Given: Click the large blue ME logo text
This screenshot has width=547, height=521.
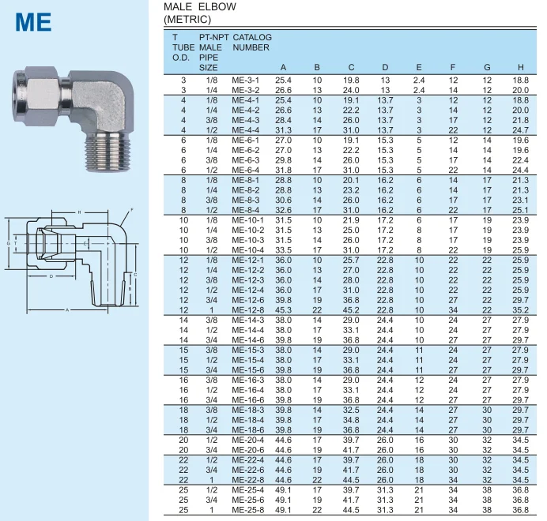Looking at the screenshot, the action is click(33, 22).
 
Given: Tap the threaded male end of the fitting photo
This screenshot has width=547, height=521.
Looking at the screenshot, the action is click(108, 152).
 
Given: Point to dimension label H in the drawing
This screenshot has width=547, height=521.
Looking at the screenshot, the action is click(80, 212).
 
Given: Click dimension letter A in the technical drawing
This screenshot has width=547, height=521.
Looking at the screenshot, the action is click(67, 309).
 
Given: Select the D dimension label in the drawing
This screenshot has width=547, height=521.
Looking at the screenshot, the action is click(51, 276).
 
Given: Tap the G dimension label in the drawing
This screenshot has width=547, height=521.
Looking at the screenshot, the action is click(9, 243).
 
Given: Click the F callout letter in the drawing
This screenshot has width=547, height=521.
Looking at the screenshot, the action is click(132, 210).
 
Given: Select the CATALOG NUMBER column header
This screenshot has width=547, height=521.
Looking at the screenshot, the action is click(252, 42).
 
